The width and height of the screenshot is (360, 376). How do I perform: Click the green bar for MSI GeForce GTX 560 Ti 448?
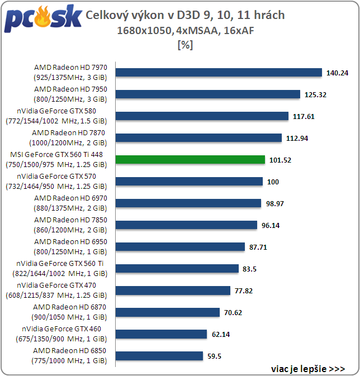click(190, 160)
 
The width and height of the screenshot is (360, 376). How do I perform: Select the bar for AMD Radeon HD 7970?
click(219, 73)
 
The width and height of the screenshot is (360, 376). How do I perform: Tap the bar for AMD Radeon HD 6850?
click(159, 356)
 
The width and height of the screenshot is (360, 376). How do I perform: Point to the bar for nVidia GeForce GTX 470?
click(173, 291)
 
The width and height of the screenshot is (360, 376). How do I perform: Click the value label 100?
click(273, 182)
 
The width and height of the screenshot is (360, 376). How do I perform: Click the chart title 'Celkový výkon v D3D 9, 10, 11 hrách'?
click(185, 15)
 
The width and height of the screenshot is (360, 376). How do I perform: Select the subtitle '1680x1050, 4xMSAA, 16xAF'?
click(184, 31)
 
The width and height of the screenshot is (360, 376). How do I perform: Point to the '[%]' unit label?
click(184, 45)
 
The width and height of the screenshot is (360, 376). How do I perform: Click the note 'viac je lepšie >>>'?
click(307, 369)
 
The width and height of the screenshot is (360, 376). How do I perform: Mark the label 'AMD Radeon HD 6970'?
click(74, 198)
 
